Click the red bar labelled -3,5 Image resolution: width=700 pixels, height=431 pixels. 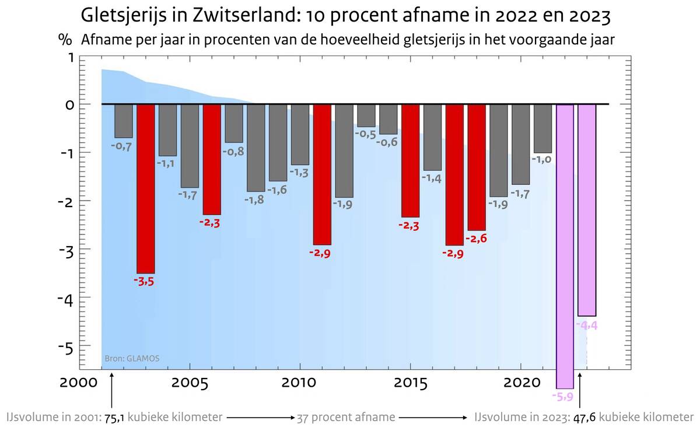(145, 188)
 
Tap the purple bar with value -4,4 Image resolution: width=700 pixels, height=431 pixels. (586, 210)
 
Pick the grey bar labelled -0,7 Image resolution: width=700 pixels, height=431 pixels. (123, 121)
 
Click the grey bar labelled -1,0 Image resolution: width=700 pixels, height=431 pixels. (542, 128)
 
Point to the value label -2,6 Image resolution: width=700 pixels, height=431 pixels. (477, 239)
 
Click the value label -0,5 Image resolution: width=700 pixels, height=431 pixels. (366, 134)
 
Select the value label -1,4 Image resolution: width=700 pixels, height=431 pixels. (432, 178)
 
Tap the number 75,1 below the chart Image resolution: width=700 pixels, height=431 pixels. (114, 418)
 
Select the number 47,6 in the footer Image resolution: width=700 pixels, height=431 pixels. (584, 418)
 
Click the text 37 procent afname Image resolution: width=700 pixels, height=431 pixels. (346, 418)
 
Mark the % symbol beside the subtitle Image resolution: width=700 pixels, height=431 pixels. (64, 40)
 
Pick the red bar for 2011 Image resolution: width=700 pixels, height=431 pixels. (322, 174)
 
